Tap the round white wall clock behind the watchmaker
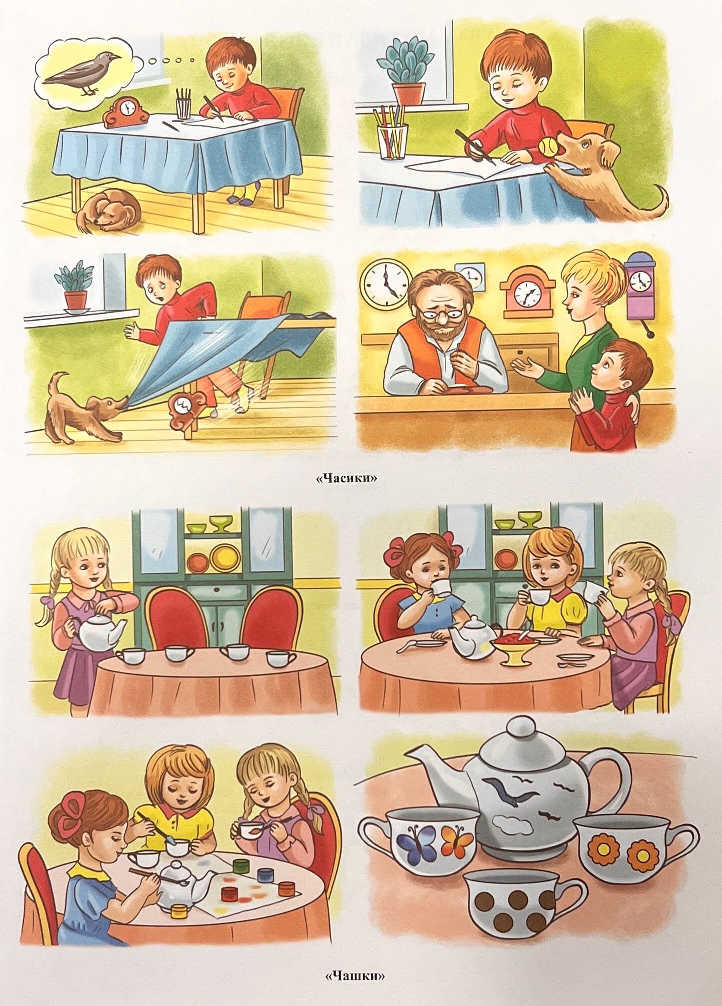click(x=386, y=284)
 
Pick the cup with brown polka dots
click(x=520, y=902)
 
